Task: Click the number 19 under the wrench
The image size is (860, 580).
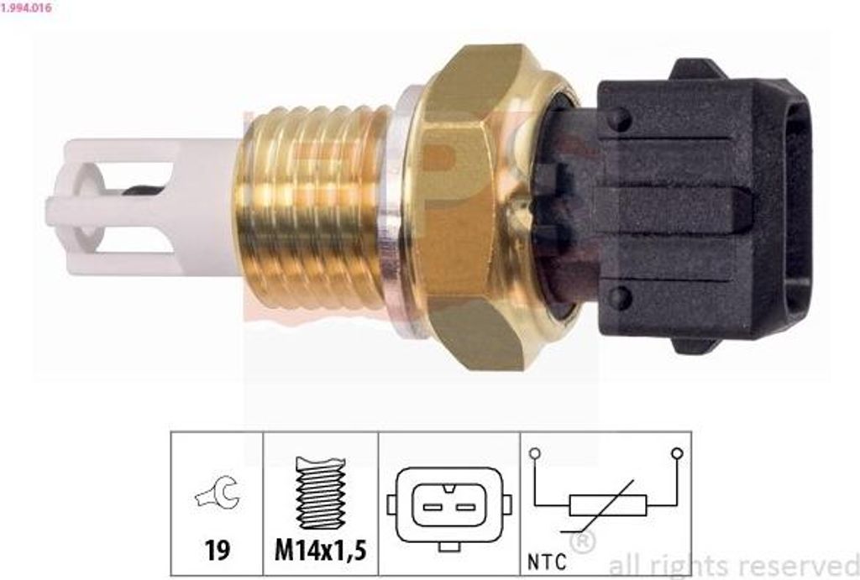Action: point(217,551)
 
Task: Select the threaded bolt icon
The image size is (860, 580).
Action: point(321,494)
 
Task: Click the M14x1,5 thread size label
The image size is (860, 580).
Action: point(321,551)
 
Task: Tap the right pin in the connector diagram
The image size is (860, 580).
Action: point(464,507)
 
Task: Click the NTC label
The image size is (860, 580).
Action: point(548,562)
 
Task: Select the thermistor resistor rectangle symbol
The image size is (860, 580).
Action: point(607,504)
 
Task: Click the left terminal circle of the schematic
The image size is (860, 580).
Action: point(534,454)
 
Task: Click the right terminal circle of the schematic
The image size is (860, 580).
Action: point(677,454)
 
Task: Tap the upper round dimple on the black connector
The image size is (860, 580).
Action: point(620,119)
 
